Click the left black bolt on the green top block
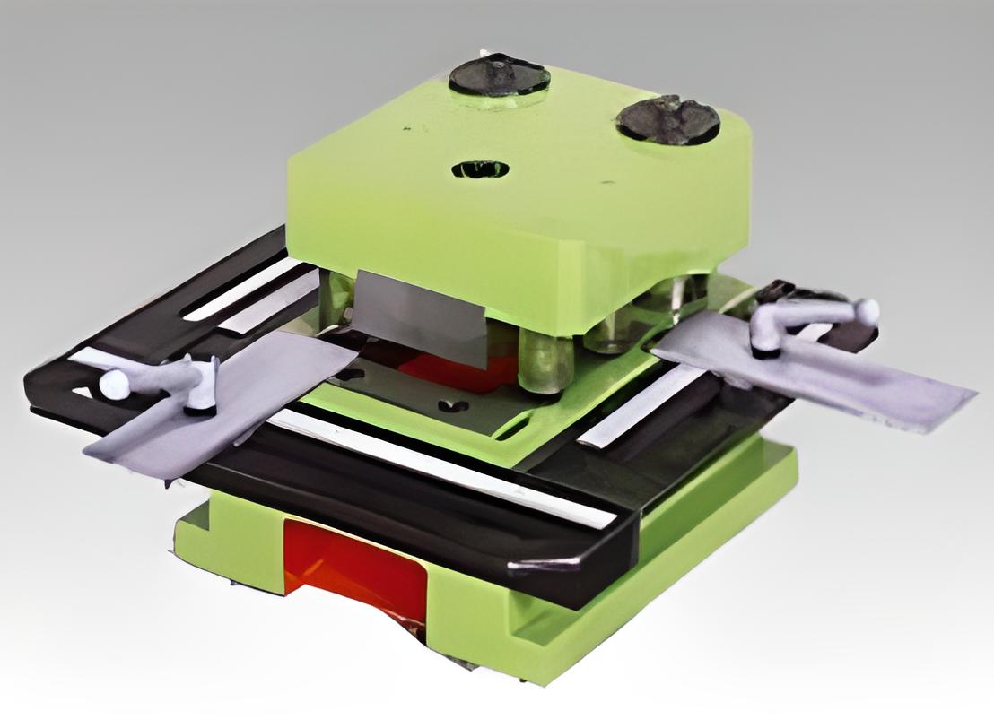point(499,76)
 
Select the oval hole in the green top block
point(480,169)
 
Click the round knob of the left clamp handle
point(114,385)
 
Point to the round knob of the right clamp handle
point(866,311)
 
